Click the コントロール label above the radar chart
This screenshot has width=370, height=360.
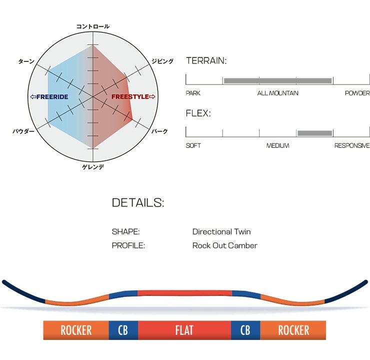(92, 26)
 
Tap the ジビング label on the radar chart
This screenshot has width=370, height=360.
(162, 61)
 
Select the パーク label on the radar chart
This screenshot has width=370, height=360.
(159, 131)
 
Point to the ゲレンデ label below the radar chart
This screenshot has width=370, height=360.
(93, 167)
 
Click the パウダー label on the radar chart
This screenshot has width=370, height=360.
(23, 131)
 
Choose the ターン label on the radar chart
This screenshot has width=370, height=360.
(26, 61)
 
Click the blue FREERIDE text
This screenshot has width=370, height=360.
(52, 96)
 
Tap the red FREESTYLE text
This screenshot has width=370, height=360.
(130, 96)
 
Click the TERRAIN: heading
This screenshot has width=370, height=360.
(206, 61)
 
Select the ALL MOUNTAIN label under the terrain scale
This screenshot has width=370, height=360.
(277, 93)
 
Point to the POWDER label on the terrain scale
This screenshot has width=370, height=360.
(357, 93)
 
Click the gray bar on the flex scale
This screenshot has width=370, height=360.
(314, 133)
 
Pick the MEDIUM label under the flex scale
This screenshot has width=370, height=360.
(277, 145)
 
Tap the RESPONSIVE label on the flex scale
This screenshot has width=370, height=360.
(352, 145)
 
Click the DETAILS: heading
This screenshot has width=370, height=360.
(138, 202)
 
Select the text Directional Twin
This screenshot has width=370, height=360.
(221, 231)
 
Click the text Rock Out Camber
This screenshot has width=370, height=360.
(225, 245)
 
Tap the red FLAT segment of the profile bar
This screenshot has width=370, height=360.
(184, 330)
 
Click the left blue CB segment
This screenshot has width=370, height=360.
(123, 330)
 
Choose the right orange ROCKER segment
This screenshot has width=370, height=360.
(293, 330)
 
